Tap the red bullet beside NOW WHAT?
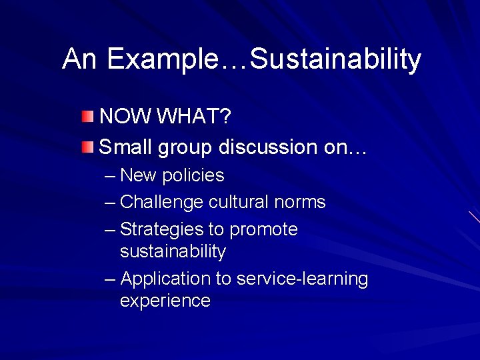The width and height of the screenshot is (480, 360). click(88, 117)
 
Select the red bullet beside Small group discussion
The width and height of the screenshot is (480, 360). click(88, 147)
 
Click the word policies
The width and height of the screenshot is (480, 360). click(193, 175)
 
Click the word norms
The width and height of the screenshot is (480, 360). click(303, 202)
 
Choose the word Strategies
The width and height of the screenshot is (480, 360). click(162, 229)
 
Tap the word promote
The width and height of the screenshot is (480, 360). click(263, 230)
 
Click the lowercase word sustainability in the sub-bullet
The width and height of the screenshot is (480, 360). click(173, 251)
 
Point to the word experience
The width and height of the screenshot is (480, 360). click(165, 301)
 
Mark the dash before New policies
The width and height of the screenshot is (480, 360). click(110, 176)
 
